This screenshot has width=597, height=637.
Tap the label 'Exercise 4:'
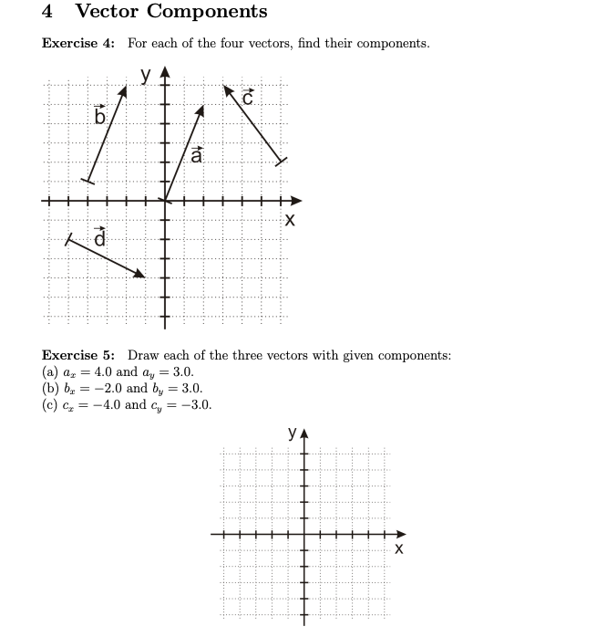point(78,44)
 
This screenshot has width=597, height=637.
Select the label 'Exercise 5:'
point(78,355)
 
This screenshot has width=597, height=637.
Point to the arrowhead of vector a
point(201,110)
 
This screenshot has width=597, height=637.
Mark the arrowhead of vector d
point(140,273)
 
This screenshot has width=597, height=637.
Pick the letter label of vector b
point(100,116)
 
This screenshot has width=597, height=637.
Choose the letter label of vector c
point(247,96)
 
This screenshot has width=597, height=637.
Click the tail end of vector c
point(281,162)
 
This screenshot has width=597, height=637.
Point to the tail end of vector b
point(87,181)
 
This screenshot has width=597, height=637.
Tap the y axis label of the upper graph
point(146,75)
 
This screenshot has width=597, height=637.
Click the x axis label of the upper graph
point(290,221)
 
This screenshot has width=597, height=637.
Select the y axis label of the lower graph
point(293,433)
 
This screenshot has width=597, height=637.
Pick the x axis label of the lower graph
point(398,549)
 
